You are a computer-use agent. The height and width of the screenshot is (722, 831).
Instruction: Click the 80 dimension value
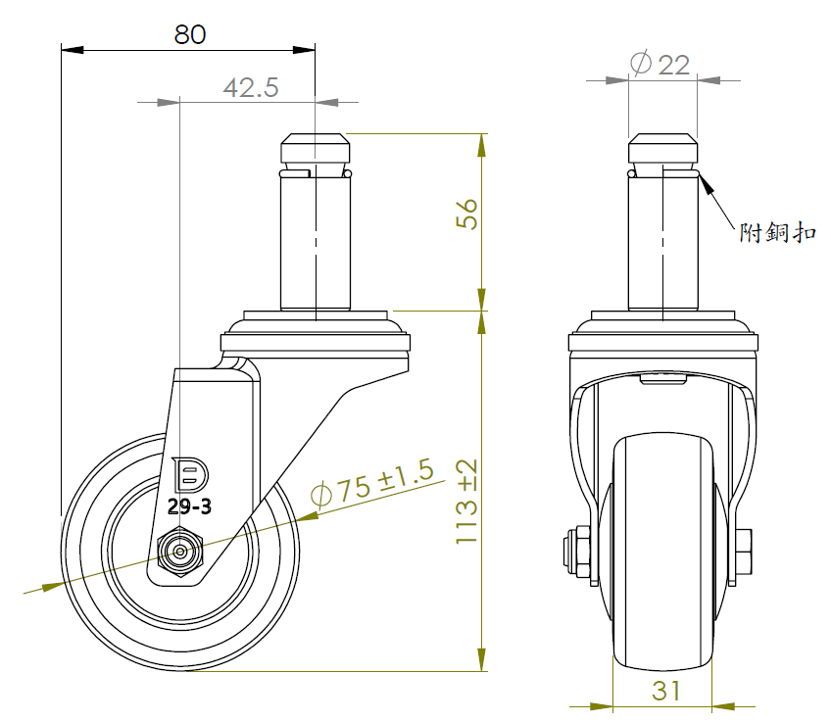point(190,34)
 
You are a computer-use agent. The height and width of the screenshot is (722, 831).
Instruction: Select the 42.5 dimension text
point(251,87)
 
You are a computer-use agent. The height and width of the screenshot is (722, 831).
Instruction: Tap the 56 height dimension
point(466,214)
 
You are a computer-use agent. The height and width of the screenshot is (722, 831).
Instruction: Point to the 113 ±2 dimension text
point(466,502)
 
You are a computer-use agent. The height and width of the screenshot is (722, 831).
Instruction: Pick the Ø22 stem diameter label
point(660,64)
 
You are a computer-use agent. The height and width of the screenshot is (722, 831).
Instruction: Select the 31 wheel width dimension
point(665,691)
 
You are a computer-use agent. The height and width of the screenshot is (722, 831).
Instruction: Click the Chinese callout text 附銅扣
point(777,232)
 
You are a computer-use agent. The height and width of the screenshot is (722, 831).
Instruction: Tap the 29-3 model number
point(189,506)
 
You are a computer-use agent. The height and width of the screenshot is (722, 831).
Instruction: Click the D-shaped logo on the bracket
point(190,474)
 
